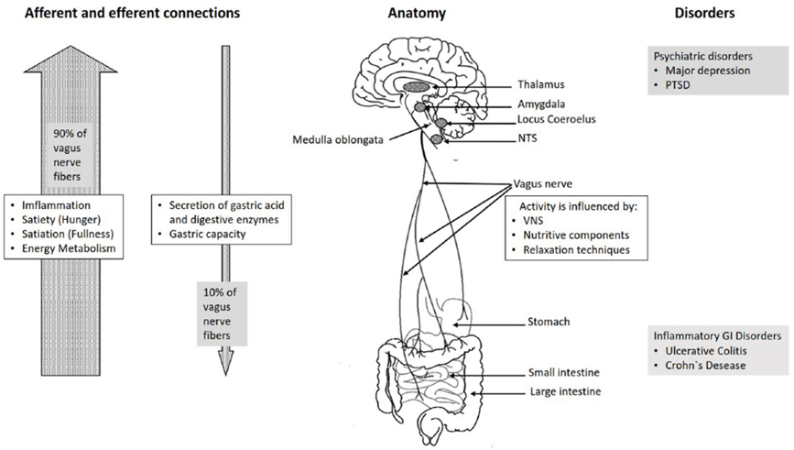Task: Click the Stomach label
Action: click(549, 322)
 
